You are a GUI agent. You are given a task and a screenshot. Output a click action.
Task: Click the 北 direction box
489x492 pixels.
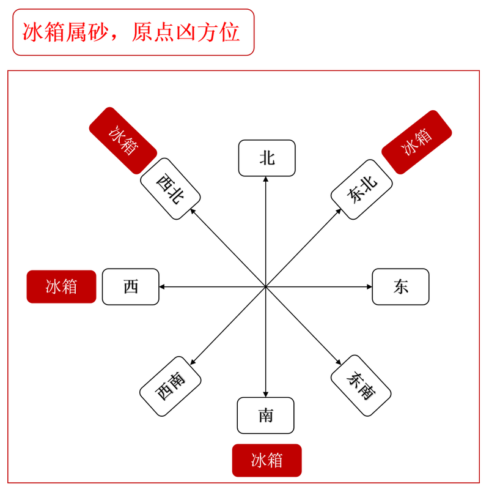click(x=267, y=158)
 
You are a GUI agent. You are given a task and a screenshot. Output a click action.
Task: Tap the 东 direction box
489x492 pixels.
click(x=401, y=286)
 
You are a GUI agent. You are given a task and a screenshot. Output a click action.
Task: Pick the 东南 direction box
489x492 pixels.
click(x=361, y=386)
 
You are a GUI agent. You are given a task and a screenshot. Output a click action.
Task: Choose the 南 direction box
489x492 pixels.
click(x=266, y=416)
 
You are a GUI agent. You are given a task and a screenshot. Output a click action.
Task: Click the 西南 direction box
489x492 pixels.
click(x=171, y=386)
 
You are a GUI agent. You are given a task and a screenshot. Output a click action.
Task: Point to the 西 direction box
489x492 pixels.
click(x=131, y=286)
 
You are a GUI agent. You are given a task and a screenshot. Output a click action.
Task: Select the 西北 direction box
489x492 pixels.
click(x=171, y=188)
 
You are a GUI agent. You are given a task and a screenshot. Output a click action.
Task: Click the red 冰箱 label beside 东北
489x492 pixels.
click(x=417, y=142)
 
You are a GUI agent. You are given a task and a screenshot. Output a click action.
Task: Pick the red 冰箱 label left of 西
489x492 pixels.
click(x=61, y=286)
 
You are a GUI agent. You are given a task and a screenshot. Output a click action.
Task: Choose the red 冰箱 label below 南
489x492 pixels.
click(x=267, y=460)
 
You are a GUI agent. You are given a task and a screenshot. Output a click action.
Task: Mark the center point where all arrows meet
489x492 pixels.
click(x=266, y=286)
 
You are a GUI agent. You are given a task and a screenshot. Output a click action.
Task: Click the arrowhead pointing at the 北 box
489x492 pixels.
click(x=266, y=179)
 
